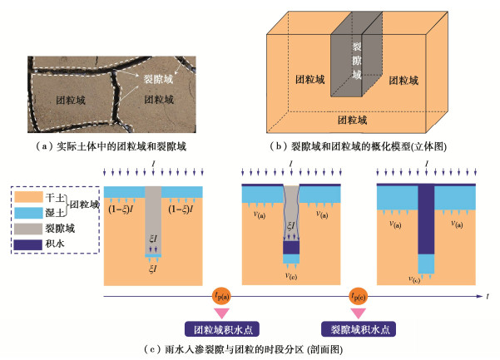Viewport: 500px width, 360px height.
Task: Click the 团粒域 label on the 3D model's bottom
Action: [x=355, y=121]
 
